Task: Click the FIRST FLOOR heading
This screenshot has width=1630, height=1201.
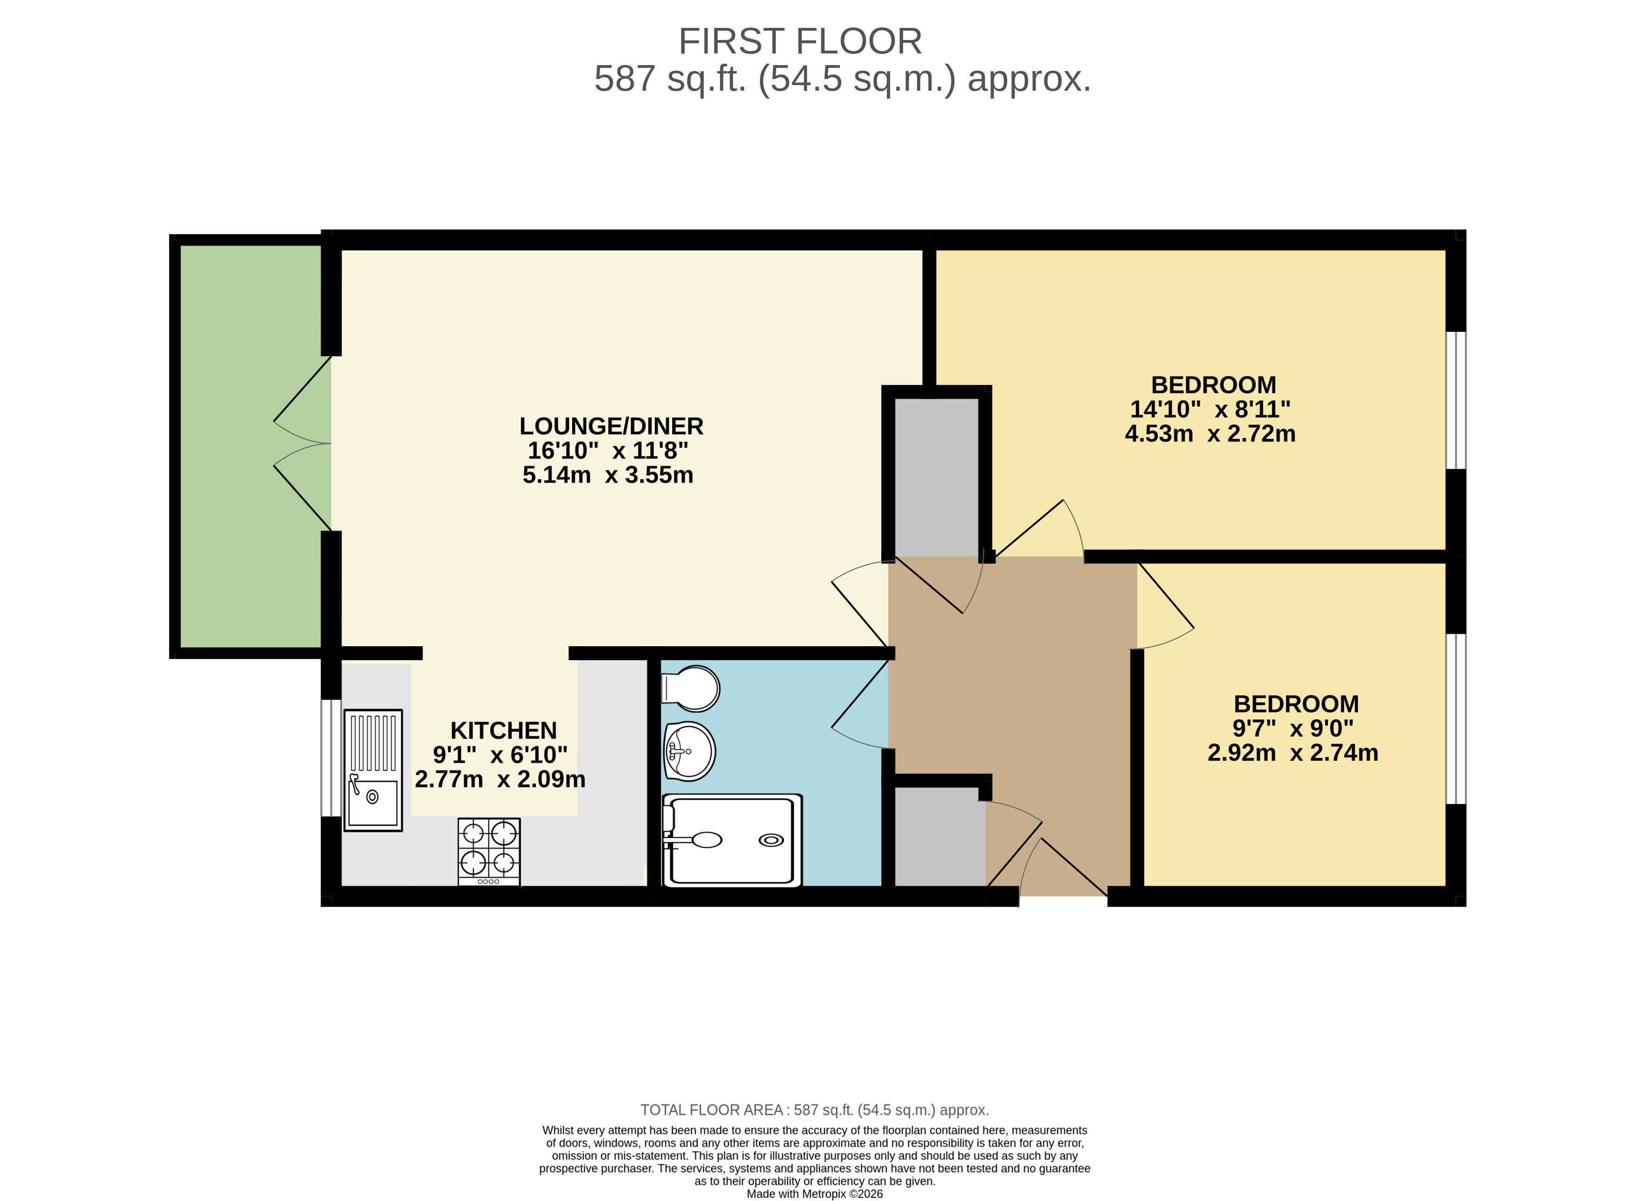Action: point(800,41)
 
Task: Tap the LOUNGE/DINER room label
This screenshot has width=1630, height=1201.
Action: point(611,426)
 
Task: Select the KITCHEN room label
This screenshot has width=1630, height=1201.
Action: point(504,730)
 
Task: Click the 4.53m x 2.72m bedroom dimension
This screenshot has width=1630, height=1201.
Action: point(1210,434)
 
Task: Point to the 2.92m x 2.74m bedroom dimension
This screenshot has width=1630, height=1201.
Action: point(1293,752)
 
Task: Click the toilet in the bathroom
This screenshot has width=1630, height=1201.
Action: point(690,688)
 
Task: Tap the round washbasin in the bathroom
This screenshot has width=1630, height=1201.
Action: point(689,751)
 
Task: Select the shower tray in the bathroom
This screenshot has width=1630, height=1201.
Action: point(733,840)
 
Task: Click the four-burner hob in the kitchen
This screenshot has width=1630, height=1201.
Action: point(489,851)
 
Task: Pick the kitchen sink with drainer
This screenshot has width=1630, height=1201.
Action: point(373,770)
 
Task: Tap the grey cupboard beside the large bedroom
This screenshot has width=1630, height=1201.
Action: point(936,478)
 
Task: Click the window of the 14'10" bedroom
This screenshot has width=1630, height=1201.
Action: point(1456,401)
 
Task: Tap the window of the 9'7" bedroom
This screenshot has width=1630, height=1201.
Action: point(1456,719)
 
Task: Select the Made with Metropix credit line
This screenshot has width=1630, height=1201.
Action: point(815,1194)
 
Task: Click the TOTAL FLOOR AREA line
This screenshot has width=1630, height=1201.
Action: point(815,1110)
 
